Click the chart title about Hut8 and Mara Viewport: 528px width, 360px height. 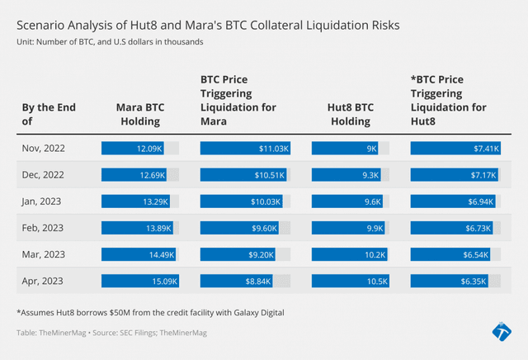tap(208, 26)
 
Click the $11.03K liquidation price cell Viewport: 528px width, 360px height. tap(247, 149)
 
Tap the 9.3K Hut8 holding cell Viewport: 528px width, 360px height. tap(346, 175)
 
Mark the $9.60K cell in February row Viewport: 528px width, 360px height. tap(247, 228)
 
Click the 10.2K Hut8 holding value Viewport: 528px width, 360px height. tap(346, 254)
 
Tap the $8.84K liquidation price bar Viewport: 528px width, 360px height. tap(247, 281)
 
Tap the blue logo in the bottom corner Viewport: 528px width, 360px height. tap(501, 333)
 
